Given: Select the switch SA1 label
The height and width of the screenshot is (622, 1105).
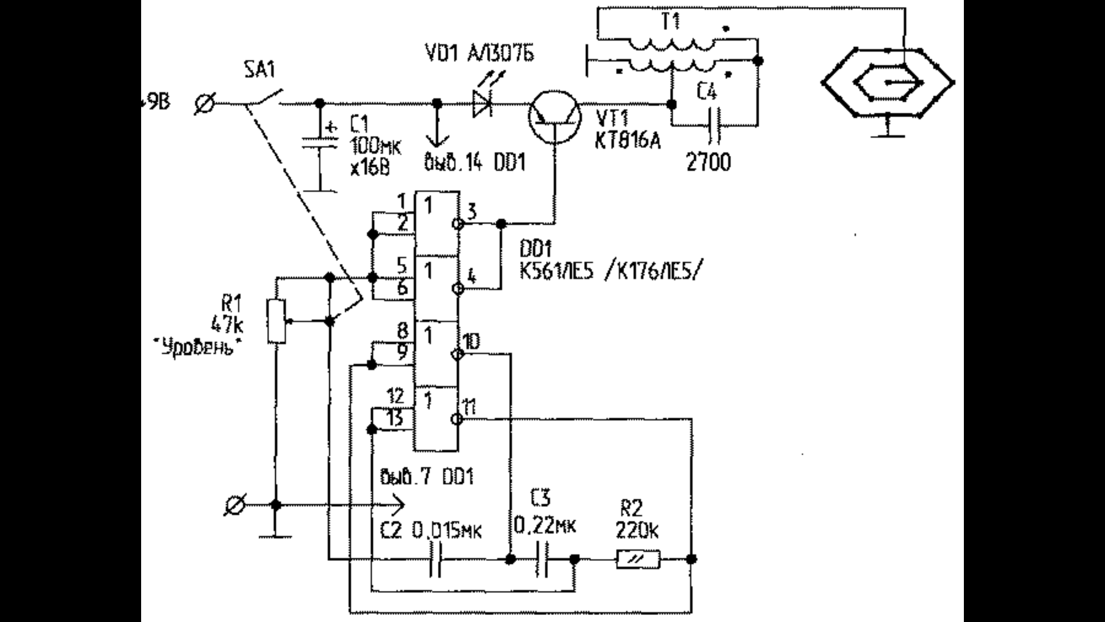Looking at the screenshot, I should coord(260,71).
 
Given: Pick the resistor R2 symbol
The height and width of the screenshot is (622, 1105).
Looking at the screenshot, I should coord(638,559).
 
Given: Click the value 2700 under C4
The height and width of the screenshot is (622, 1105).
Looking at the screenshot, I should coord(709,163).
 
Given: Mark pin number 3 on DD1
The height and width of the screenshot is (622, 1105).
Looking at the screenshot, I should coord(471,211).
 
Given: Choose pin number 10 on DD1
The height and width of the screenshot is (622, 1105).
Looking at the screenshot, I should coord(471,342).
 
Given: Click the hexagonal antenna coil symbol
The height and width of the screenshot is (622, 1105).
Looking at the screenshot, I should coord(887,83).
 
